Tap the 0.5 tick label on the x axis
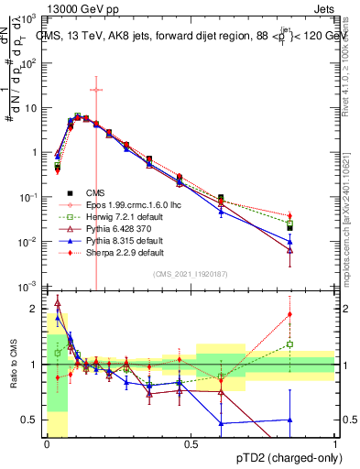tap(191, 444)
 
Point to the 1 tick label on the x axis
tap(335, 444)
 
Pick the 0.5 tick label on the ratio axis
tap(32, 420)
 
